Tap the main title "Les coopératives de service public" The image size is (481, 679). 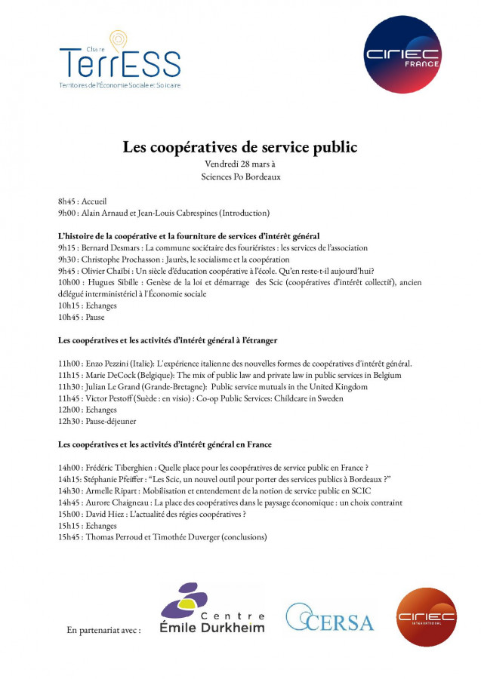point(240,146)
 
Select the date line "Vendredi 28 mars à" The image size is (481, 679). point(240,164)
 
